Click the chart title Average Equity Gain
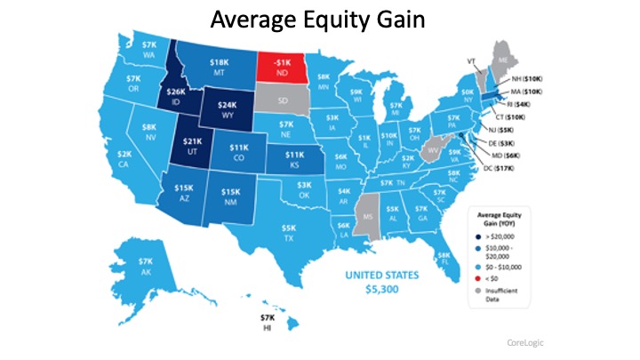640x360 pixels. point(320,19)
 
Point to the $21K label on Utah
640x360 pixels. point(192,148)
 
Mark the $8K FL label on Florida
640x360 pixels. point(444,259)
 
